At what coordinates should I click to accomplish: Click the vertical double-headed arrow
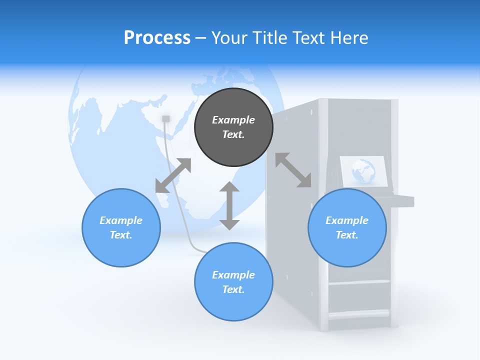coord(229,205)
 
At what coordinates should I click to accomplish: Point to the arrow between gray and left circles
coord(173,175)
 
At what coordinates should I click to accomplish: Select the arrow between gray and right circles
coord(293,170)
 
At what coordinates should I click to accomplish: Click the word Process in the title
coord(157,37)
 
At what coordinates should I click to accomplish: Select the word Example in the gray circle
coord(233,120)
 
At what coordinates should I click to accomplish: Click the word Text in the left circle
coord(121,235)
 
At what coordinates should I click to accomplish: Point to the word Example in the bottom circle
coord(233,275)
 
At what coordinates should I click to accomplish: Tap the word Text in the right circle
coord(347,235)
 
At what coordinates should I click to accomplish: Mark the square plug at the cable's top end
coord(166,118)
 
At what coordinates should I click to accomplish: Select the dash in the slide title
coord(200,37)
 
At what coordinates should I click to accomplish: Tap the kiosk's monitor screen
coord(363,171)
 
